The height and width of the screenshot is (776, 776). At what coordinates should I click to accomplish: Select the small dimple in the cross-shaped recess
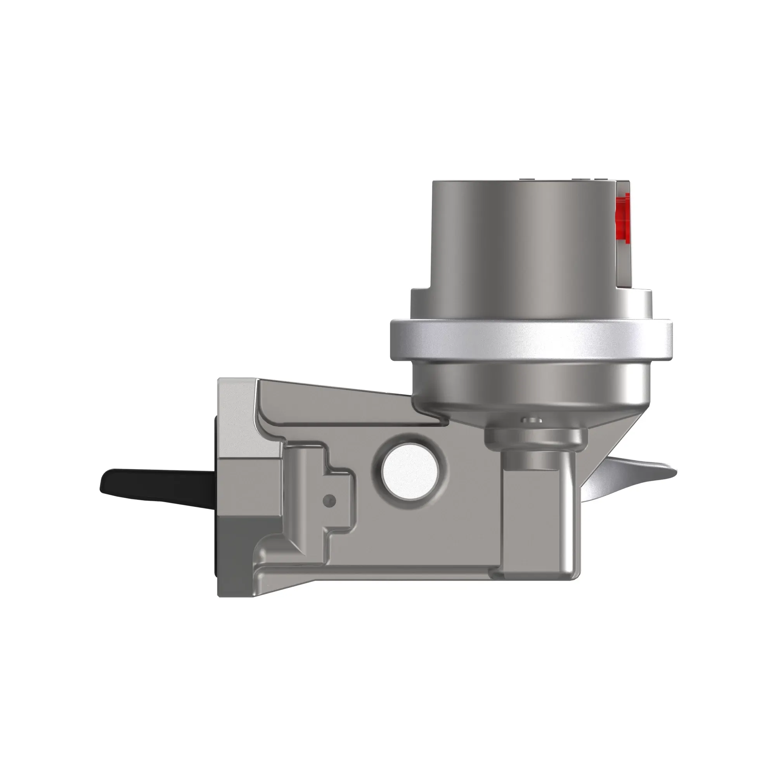[x=330, y=500]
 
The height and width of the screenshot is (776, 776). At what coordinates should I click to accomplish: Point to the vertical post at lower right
[x=538, y=522]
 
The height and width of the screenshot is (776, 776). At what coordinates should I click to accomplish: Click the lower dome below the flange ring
[x=530, y=386]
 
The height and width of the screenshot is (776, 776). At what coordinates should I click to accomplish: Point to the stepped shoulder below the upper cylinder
[x=530, y=303]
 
